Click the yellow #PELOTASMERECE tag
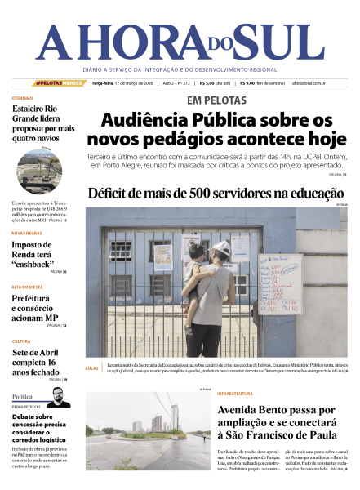pos(59,83)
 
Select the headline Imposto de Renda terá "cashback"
pos(38,255)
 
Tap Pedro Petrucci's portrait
pos(56,398)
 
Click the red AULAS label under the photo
pos(91,368)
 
